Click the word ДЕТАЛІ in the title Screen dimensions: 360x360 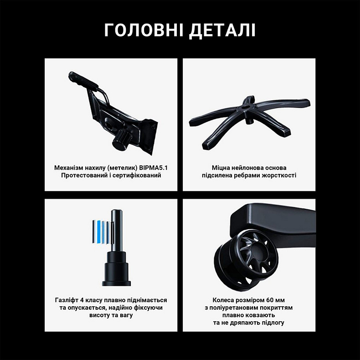point(222,30)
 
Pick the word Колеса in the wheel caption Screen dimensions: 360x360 point(223,300)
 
